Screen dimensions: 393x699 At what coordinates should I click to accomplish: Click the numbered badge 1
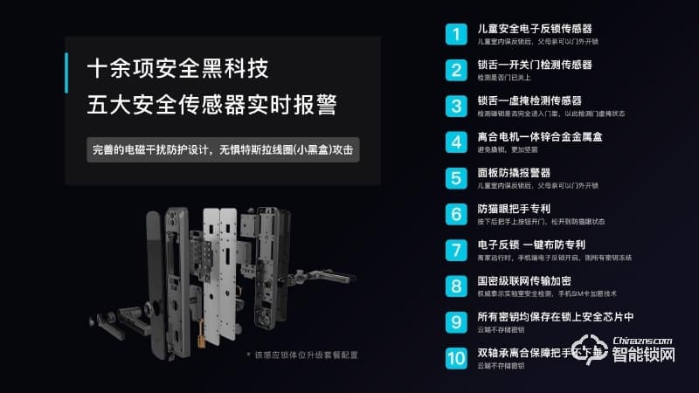(x=456, y=34)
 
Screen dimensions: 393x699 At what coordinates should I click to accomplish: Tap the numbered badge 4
(x=456, y=141)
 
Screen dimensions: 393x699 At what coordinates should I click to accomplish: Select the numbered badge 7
(x=456, y=250)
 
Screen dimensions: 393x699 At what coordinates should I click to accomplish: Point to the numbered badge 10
(x=456, y=357)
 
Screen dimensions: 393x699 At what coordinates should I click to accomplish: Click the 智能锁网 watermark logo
(x=633, y=350)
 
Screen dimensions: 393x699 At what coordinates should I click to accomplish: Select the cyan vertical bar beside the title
(x=67, y=86)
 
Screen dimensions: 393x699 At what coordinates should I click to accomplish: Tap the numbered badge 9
(x=456, y=321)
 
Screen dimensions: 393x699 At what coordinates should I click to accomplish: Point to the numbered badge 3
(x=456, y=106)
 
